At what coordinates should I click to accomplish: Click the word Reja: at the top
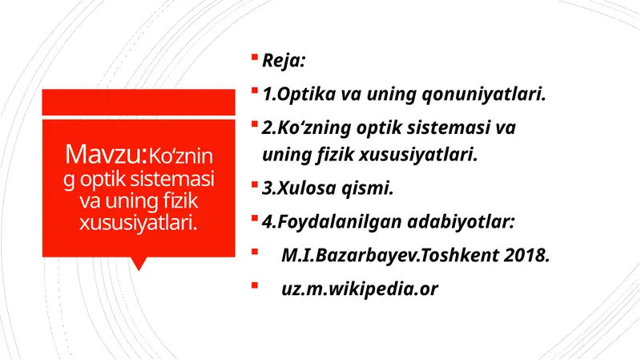point(281,61)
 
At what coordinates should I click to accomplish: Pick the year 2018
point(529,256)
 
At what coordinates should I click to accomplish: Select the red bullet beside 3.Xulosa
point(253,186)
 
